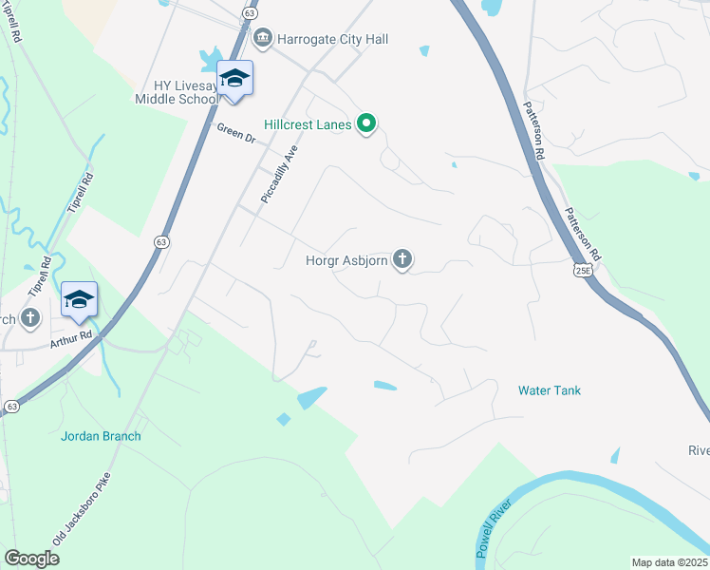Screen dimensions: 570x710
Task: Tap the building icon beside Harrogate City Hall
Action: pos(262,39)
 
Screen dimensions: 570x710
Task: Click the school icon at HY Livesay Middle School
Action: pos(234,78)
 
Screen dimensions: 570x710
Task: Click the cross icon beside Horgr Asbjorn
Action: pos(402,258)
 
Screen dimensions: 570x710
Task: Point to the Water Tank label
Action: pos(550,390)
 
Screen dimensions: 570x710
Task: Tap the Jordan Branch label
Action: pos(101,436)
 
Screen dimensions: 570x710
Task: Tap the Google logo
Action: pos(31,559)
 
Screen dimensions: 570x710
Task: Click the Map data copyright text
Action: pos(668,562)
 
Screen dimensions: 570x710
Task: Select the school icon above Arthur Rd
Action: pos(80,299)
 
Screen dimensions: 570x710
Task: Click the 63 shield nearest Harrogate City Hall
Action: pos(249,14)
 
